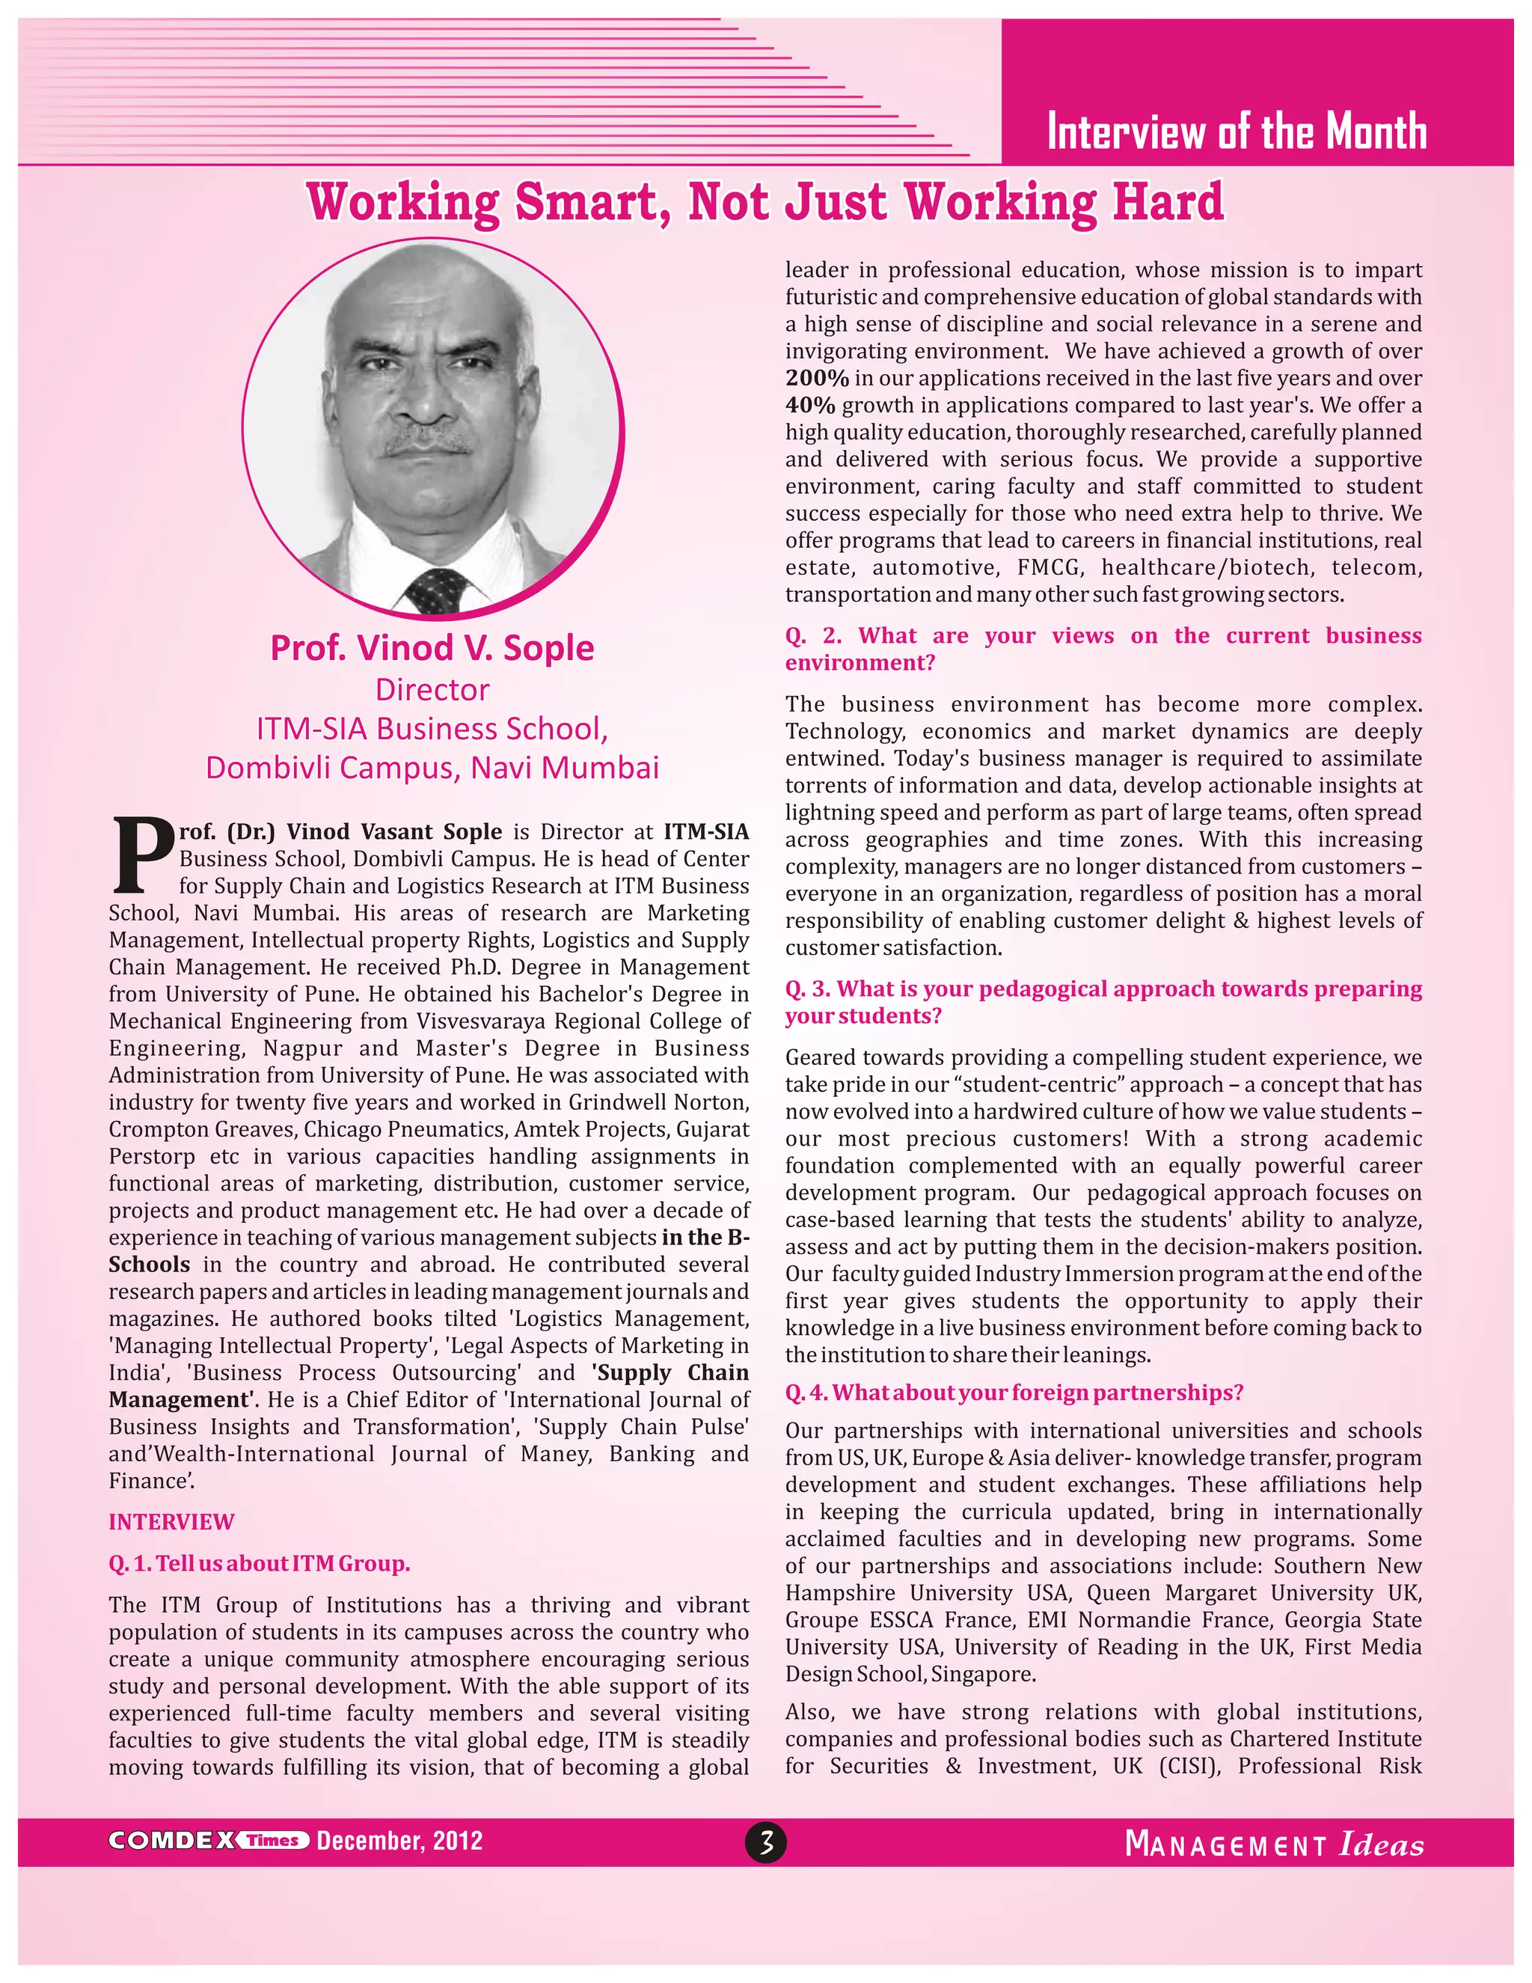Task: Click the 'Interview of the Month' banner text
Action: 1236,132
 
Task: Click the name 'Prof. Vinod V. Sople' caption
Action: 432,648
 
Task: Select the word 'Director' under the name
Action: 432,690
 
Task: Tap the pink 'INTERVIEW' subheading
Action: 171,1522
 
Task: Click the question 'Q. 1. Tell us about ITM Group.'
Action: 260,1563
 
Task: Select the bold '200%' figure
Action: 817,379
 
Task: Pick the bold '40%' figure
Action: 809,406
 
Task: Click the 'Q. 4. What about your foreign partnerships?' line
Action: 1014,1393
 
